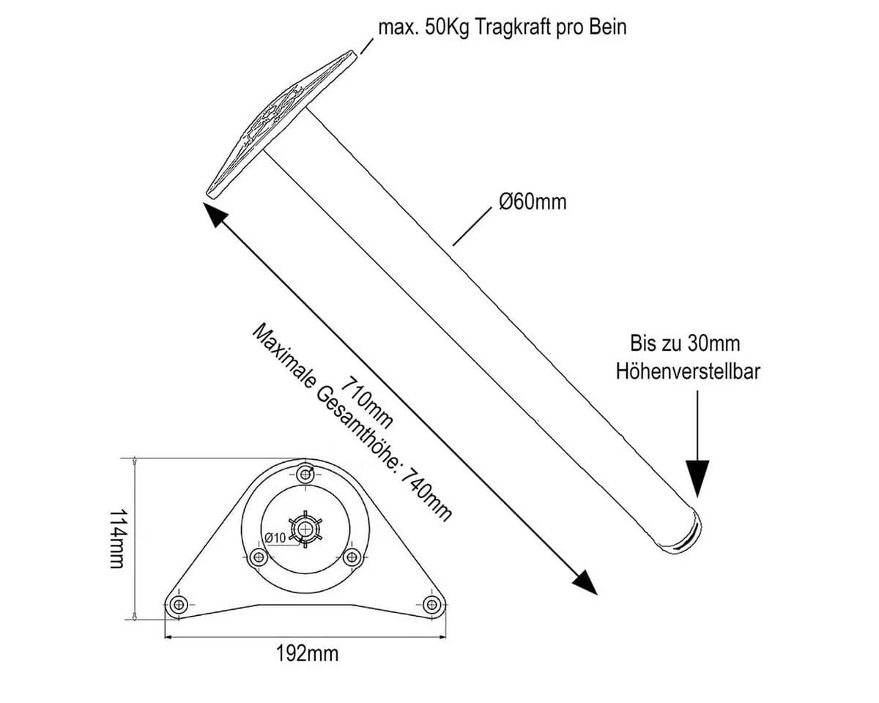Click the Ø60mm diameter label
[x=533, y=202]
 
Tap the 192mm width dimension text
[x=308, y=653]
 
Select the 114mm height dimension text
[x=119, y=539]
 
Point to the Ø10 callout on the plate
[x=275, y=538]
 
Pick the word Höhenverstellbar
[x=689, y=371]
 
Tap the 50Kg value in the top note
[x=448, y=28]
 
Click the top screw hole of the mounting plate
[x=305, y=475]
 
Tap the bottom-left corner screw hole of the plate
[x=179, y=603]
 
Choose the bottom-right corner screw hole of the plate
[x=431, y=603]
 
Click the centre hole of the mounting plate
[x=305, y=529]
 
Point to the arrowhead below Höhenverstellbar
[x=697, y=479]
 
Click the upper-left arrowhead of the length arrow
[x=215, y=214]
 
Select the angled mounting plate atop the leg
[x=282, y=124]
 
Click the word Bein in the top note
[x=608, y=27]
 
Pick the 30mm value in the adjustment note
[x=713, y=343]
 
